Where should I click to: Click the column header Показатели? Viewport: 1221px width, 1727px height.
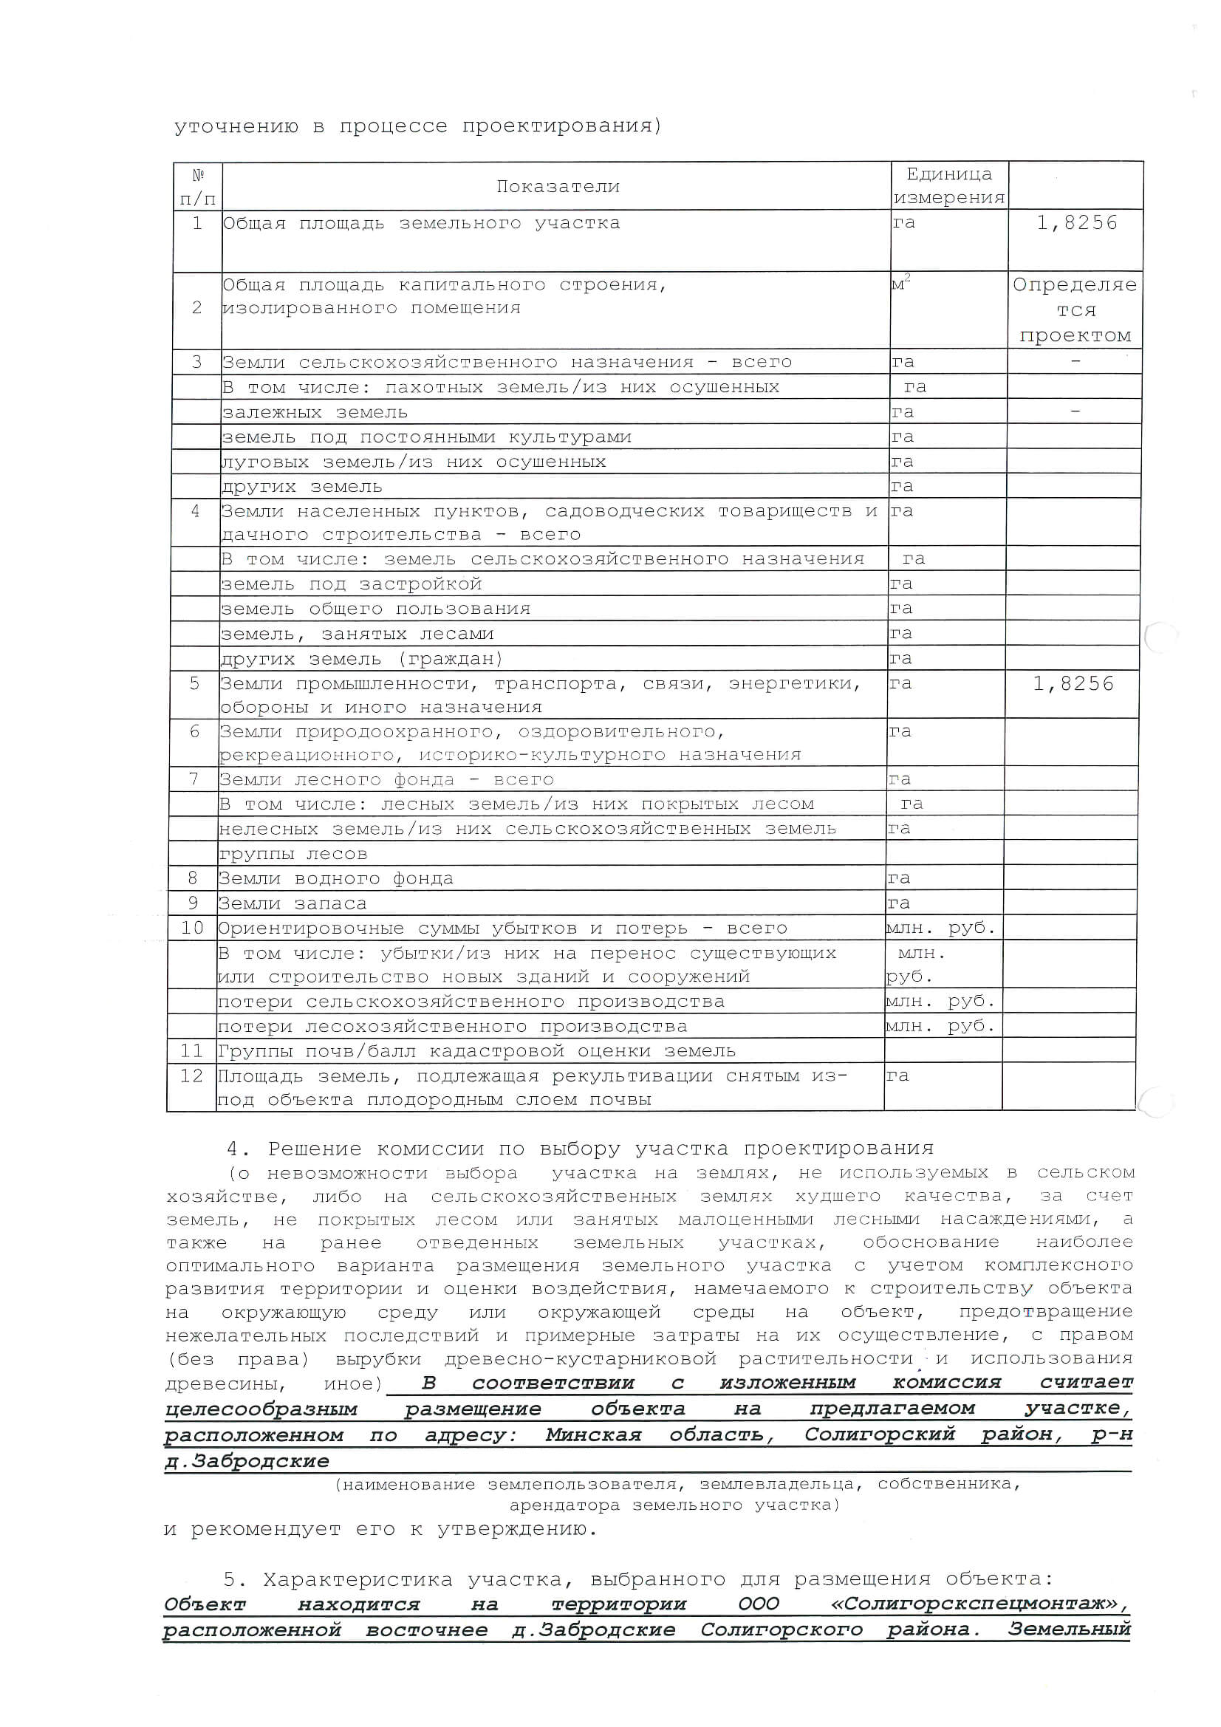[558, 187]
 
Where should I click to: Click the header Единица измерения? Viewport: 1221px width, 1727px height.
[948, 186]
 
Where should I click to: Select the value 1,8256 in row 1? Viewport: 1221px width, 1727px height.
[1076, 222]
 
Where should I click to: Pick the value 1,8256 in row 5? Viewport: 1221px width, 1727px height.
[1073, 684]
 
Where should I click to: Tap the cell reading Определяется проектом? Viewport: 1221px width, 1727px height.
[1075, 310]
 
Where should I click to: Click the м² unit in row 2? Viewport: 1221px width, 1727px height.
[901, 284]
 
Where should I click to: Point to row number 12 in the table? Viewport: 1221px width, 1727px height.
[191, 1076]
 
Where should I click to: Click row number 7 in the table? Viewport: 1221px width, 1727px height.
[194, 779]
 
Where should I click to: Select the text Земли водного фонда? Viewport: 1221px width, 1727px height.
[335, 878]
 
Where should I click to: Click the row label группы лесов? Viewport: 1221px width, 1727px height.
[293, 854]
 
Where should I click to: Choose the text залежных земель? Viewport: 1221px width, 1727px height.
[315, 412]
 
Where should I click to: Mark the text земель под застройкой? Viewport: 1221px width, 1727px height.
[351, 584]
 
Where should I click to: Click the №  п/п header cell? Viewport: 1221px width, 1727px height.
[198, 187]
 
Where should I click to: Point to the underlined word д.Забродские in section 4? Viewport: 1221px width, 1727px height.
[247, 1462]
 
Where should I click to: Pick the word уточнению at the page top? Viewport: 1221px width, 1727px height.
[236, 126]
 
